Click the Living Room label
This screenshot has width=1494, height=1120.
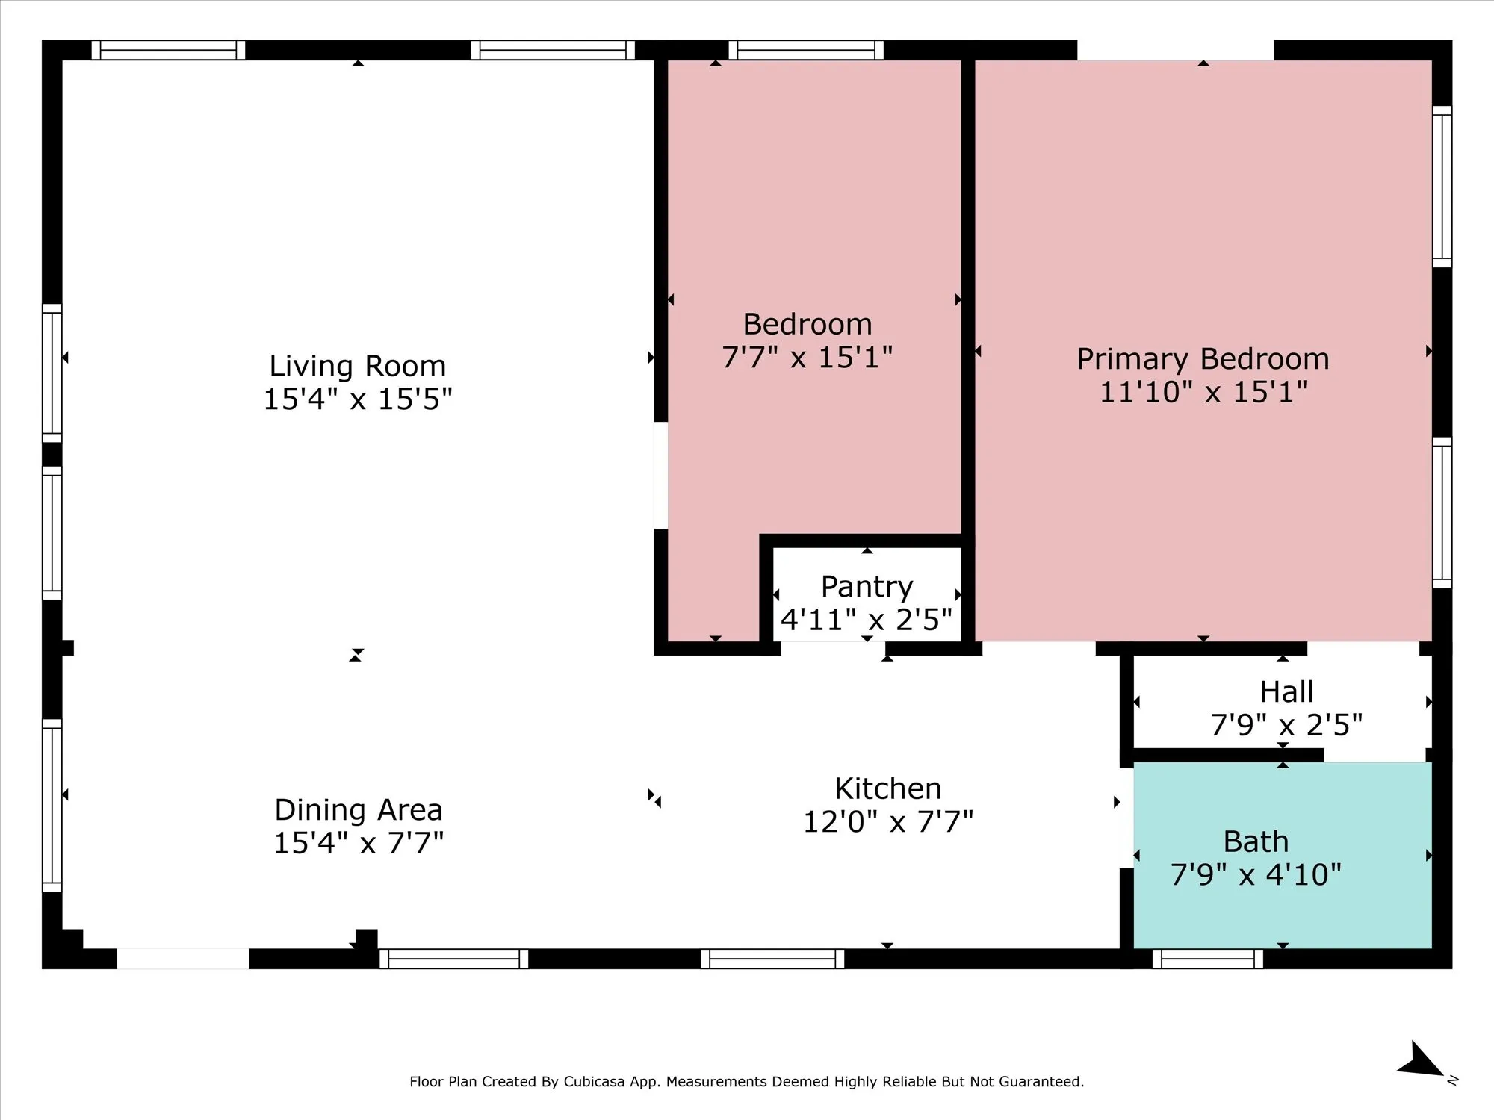click(x=358, y=367)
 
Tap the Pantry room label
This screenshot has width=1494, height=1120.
click(x=867, y=588)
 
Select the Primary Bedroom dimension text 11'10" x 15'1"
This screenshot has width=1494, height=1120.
click(x=1203, y=392)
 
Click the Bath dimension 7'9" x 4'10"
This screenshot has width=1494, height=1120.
click(x=1256, y=874)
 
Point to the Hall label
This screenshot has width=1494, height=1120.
click(x=1286, y=692)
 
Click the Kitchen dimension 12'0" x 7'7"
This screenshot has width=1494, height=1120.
click(x=888, y=822)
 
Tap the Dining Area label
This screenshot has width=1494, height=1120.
click(x=359, y=810)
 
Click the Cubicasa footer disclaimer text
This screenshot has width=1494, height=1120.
click(x=747, y=1081)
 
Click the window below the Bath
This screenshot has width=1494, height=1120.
click(x=1208, y=959)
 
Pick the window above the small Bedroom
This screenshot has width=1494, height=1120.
click(x=806, y=50)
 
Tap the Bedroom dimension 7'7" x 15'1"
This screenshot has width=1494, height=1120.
click(x=808, y=358)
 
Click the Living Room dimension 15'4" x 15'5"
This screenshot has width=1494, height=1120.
click(x=358, y=399)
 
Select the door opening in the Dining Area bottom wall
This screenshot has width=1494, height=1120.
click(x=183, y=959)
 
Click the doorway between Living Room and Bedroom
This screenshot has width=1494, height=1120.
click(x=661, y=476)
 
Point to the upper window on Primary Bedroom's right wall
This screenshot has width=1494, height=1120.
click(x=1442, y=187)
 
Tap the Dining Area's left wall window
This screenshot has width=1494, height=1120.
click(x=52, y=806)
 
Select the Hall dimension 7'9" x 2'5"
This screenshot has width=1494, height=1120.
click(x=1286, y=725)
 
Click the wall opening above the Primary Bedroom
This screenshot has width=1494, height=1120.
click(x=1175, y=50)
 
